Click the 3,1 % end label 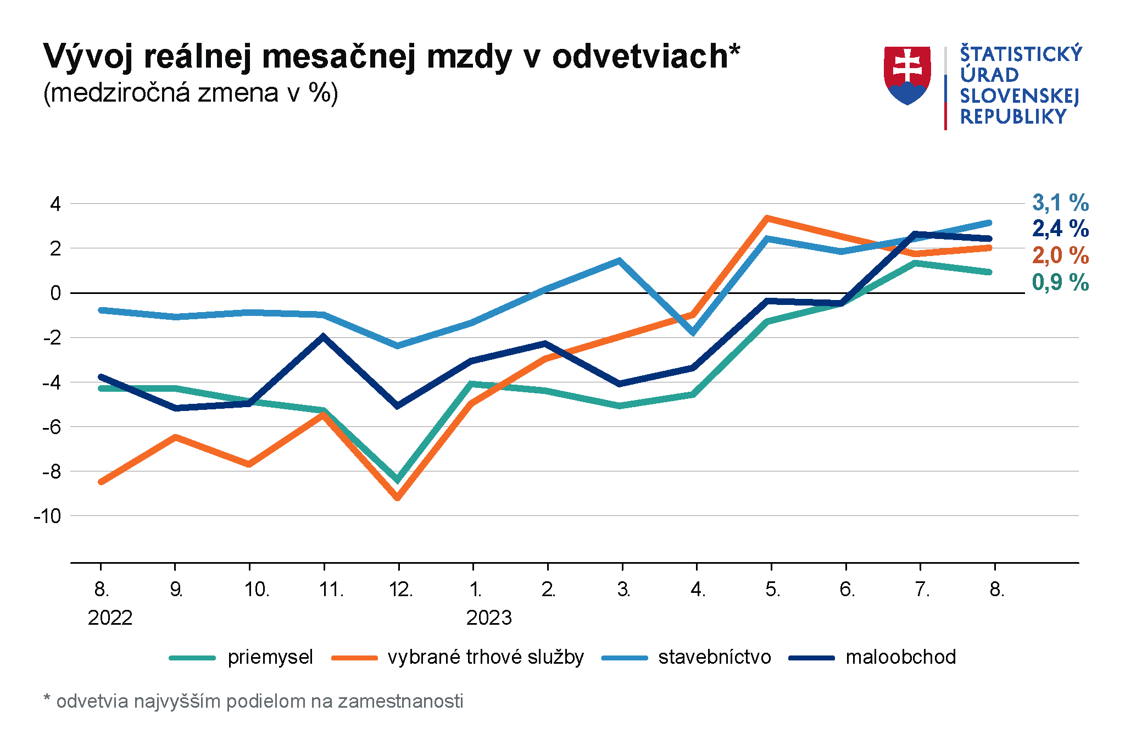click(x=1060, y=203)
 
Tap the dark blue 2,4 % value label click(x=1060, y=229)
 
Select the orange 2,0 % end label click(x=1060, y=255)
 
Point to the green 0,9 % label click(x=1060, y=282)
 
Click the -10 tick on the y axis click(x=47, y=516)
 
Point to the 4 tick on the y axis click(x=55, y=204)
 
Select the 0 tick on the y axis click(x=55, y=293)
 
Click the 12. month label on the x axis click(x=400, y=590)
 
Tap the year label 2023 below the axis click(x=488, y=618)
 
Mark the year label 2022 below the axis click(x=110, y=618)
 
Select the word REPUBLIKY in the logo click(x=1013, y=117)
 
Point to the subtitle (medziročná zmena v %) click(x=191, y=93)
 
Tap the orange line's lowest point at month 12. click(x=398, y=498)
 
